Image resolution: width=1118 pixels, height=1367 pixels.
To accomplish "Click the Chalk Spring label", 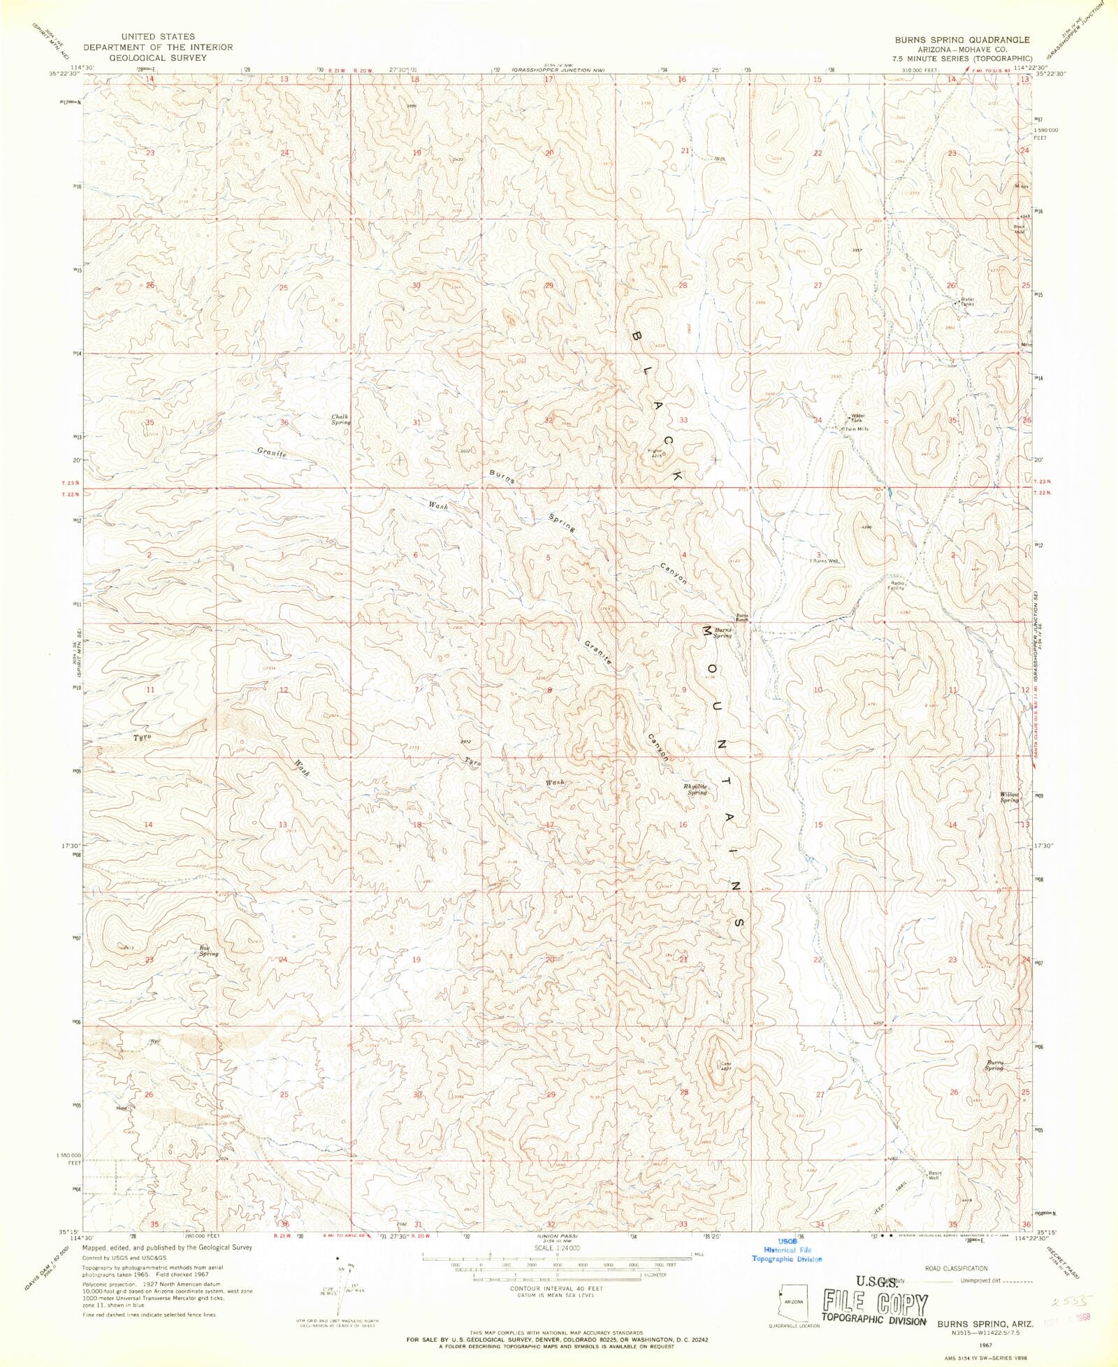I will [x=340, y=419].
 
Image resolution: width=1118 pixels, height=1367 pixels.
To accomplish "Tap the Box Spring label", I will [x=208, y=950].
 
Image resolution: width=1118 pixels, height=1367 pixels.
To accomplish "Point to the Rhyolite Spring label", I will [x=696, y=789].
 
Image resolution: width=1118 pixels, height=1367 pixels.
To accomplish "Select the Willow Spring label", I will [x=1009, y=797].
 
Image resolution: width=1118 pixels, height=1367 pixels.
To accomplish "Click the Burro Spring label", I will [x=994, y=1065].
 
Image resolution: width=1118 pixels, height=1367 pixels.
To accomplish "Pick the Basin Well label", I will [x=934, y=1175].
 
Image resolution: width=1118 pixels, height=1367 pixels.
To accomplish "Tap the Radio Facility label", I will [x=896, y=585].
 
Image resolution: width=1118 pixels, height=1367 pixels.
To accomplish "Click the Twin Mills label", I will [x=857, y=429].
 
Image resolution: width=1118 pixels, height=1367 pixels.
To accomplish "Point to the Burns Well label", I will [x=825, y=560].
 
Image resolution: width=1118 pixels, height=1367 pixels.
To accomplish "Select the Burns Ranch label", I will [x=741, y=617].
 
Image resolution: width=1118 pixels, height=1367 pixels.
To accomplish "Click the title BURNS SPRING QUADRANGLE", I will [x=961, y=40].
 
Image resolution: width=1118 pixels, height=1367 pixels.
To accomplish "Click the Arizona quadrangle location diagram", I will [x=792, y=1301].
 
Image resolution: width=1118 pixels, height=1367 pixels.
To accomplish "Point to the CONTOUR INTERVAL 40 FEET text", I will [x=556, y=1287].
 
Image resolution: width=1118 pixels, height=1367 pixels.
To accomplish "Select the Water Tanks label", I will [x=967, y=302].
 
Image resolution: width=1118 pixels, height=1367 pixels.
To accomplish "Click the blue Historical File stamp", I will [x=787, y=1250].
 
